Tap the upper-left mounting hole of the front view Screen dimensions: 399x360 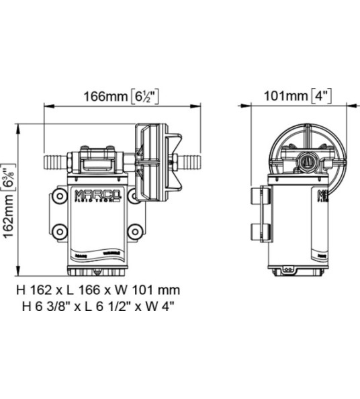point(60,196)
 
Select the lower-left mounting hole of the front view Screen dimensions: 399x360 point(60,232)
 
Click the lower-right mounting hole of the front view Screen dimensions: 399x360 point(135,232)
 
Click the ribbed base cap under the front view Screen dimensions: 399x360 point(97,270)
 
